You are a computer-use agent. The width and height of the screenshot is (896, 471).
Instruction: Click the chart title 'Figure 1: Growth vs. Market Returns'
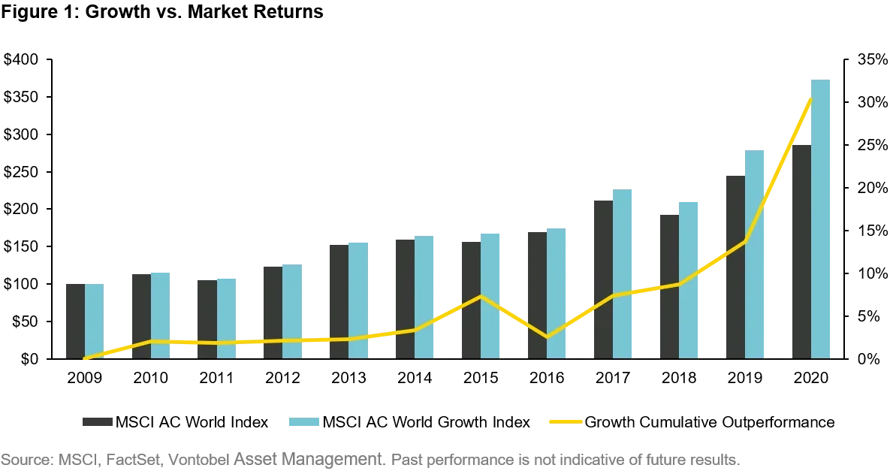point(162,11)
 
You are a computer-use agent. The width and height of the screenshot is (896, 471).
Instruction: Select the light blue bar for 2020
point(821,219)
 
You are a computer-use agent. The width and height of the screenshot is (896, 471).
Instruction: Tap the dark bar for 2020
point(801,252)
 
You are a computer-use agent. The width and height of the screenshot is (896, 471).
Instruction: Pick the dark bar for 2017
point(603,279)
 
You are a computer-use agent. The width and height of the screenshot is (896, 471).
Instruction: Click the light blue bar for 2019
point(754,255)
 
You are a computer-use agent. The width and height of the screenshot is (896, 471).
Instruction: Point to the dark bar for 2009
point(75,322)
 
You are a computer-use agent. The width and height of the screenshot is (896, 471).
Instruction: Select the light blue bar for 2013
point(358,300)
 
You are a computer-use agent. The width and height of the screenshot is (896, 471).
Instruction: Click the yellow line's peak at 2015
point(481,295)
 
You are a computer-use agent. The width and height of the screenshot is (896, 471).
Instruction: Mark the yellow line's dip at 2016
point(547,337)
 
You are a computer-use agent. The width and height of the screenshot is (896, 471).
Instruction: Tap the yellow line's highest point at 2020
point(811,99)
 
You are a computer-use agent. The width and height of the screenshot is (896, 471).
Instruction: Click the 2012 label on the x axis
point(283,377)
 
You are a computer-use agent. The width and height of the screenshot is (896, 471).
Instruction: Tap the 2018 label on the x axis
point(679,377)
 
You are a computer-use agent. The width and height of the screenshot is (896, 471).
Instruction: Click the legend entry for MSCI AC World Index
point(176,422)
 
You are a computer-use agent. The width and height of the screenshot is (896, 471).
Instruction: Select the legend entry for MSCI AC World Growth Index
point(410,422)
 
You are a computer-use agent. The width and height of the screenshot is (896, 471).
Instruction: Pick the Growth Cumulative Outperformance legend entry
point(692,422)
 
